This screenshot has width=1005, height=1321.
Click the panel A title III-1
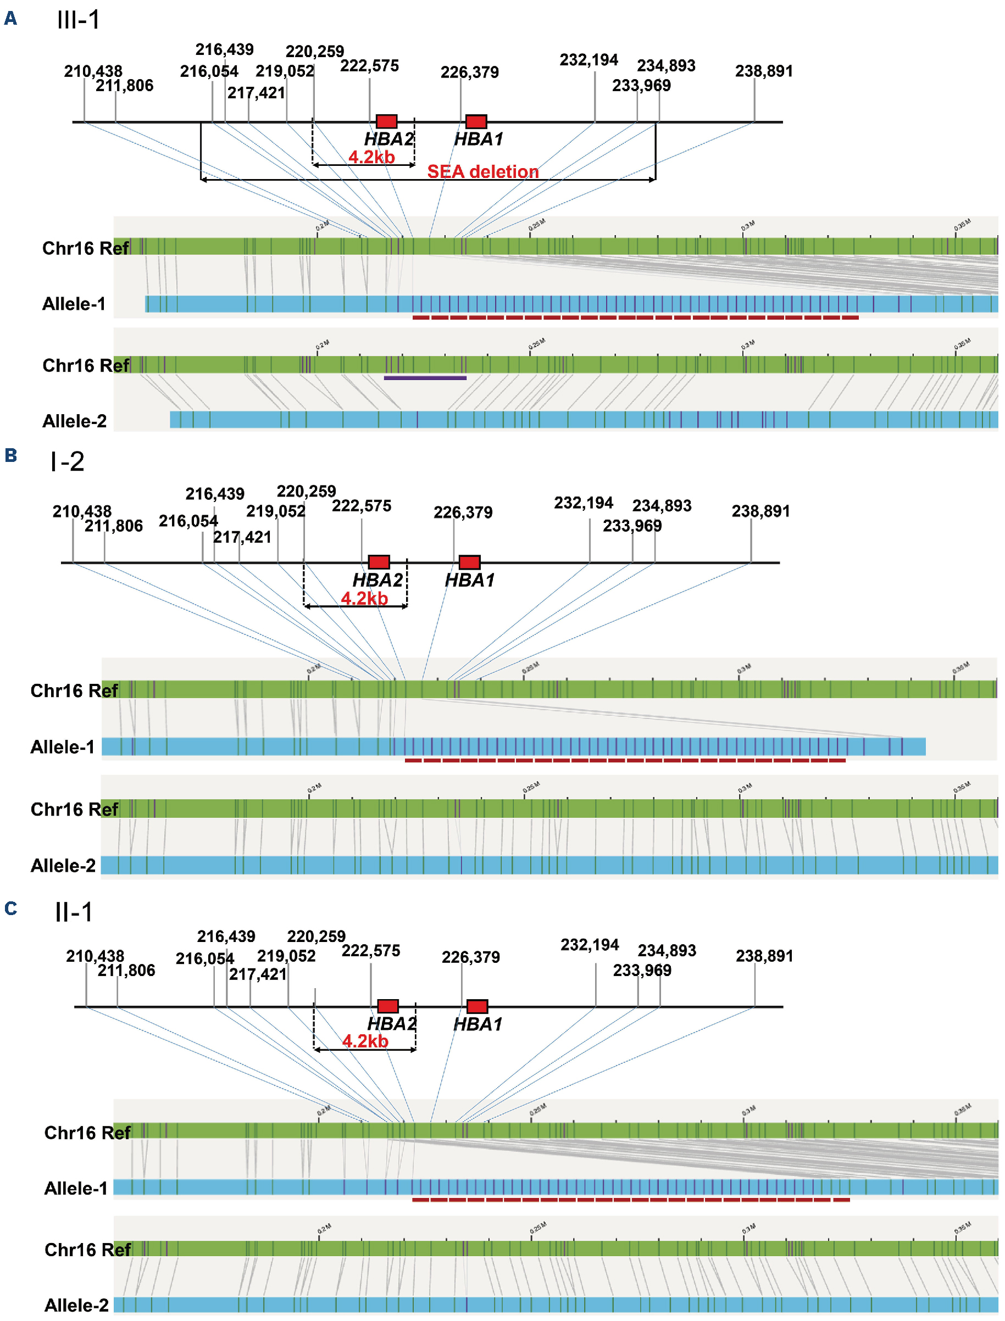(x=79, y=20)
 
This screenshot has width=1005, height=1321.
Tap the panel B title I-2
(x=68, y=461)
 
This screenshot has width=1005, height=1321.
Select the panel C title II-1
(x=74, y=912)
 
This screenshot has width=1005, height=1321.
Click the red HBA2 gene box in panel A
(x=386, y=121)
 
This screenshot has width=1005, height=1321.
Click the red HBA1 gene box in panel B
(x=469, y=562)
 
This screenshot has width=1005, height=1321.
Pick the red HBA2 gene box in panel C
(x=387, y=1006)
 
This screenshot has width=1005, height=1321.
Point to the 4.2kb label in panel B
(x=364, y=598)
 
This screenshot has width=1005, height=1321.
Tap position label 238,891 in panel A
(x=764, y=71)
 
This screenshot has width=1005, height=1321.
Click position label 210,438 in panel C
(x=95, y=956)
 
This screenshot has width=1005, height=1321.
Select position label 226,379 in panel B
(x=463, y=512)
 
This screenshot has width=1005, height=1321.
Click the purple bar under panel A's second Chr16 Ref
(x=425, y=378)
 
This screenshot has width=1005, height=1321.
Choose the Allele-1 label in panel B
(x=63, y=747)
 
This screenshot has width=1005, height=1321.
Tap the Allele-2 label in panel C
(x=76, y=1305)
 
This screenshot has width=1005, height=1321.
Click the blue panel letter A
(x=10, y=19)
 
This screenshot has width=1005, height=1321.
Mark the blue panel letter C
(x=10, y=908)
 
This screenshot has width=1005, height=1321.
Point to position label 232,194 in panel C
(x=589, y=945)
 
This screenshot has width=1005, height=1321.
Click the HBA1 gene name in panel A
(x=479, y=140)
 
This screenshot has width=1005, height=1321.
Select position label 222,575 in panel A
(x=369, y=66)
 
